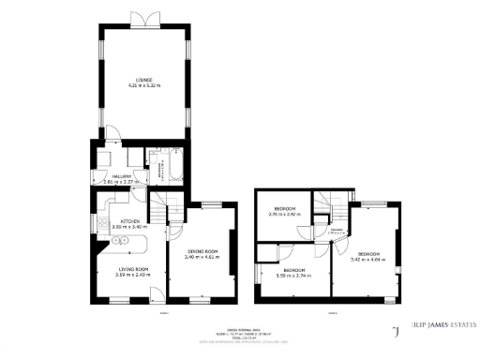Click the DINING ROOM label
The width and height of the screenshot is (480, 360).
coord(202,250)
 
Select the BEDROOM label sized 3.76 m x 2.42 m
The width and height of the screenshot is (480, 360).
coord(283,207)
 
